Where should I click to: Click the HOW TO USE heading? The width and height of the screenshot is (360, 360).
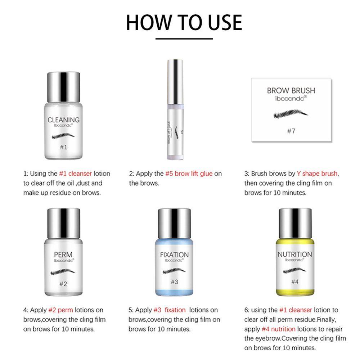coord(184,22)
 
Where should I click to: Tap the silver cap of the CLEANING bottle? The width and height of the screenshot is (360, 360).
coord(63,87)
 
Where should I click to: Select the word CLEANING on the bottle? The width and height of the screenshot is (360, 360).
coord(63,120)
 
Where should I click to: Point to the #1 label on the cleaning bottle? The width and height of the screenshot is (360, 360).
coord(63,147)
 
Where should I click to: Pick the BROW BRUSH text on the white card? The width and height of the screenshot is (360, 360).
coord(291,90)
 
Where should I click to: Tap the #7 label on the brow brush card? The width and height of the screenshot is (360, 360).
coord(291,131)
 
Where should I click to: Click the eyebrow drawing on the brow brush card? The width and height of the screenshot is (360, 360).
coord(291,114)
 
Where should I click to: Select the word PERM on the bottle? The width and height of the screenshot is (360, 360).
coord(63,256)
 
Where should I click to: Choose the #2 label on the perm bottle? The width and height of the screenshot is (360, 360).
coord(63,283)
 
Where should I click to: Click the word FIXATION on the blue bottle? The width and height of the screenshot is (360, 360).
coord(174,255)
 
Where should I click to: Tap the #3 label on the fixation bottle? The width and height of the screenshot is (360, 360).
coord(174,282)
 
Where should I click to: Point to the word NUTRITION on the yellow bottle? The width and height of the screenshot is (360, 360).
coord(294,254)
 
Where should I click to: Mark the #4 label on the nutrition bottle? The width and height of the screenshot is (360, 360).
coord(295,282)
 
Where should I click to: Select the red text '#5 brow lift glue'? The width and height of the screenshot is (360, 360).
coord(189,174)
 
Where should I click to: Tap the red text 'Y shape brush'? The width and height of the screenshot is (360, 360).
coord(318,174)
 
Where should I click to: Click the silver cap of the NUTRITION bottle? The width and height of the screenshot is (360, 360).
coord(295,223)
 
